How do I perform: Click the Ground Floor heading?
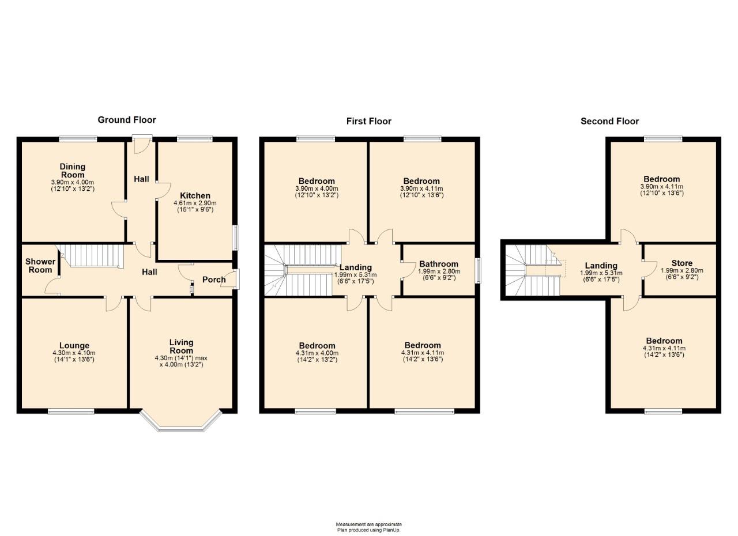pos(127,120)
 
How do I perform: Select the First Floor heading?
pos(368,121)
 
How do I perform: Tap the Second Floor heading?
pos(609,121)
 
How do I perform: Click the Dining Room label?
pos(73,171)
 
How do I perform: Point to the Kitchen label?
pos(195,195)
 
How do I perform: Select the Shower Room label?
pos(40,265)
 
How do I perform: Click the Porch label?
pos(214,280)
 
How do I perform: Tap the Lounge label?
pos(73,346)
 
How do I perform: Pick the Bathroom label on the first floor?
pos(438,264)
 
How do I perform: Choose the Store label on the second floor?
pos(681,263)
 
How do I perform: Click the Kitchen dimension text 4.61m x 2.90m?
pos(195,203)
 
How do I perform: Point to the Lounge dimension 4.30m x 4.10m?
pos(73,353)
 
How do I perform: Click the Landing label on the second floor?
pos(601,266)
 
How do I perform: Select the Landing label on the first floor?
pos(355,267)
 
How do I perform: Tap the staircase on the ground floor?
pos(92,255)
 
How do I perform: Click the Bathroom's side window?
pos(477,270)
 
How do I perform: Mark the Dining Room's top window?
pos(78,138)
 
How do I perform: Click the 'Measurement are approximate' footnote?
pos(369,524)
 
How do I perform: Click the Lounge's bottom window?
pos(71,411)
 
